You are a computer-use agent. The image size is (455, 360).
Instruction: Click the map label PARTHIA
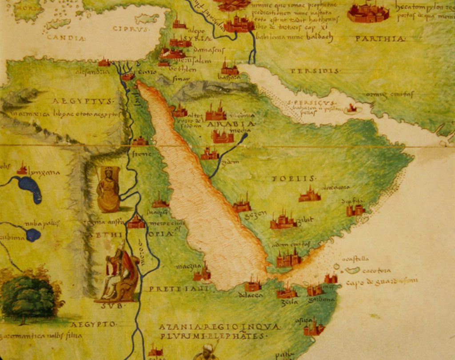[380, 39]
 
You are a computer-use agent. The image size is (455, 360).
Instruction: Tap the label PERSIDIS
[315, 71]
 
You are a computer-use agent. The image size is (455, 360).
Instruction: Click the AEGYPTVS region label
[83, 101]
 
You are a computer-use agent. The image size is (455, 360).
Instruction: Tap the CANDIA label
[66, 38]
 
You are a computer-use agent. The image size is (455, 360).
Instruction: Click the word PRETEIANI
[179, 289]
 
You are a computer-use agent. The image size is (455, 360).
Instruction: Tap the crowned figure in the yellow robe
[108, 190]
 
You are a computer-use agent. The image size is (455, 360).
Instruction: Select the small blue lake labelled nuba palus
[33, 234]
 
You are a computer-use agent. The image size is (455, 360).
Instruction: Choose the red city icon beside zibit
[283, 221]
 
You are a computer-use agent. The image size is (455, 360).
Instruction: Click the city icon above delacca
[253, 284]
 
